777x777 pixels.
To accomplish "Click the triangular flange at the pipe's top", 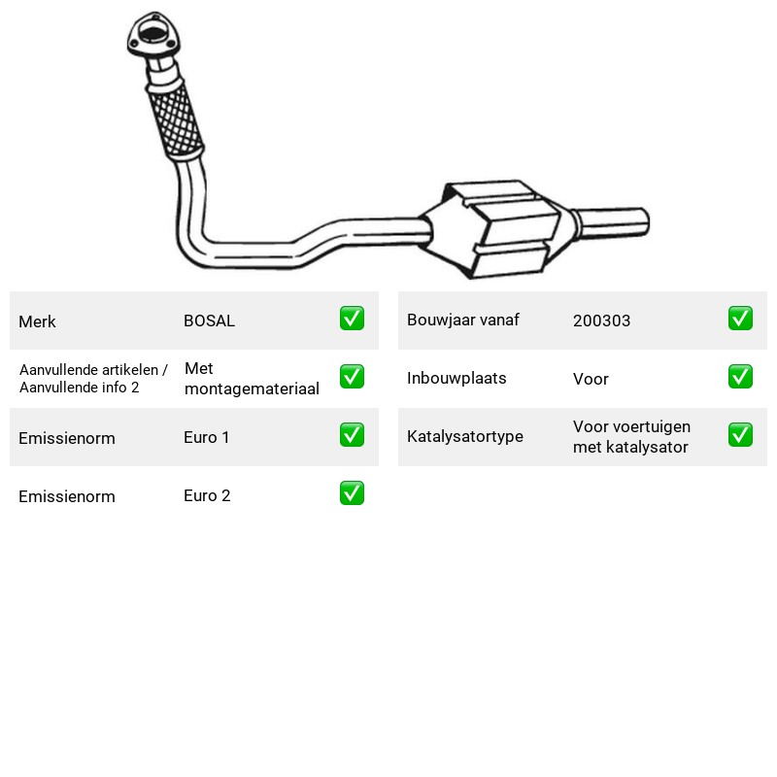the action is click(154, 35).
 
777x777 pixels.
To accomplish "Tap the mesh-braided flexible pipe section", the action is click(176, 119).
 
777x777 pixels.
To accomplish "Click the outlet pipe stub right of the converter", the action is click(612, 223).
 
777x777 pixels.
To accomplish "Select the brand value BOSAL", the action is click(209, 321).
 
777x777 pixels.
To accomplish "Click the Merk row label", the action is click(37, 321).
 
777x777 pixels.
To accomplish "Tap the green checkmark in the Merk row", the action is click(352, 319).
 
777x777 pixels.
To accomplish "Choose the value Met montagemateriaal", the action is click(252, 379).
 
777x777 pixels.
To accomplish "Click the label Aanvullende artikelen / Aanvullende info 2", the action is click(93, 379).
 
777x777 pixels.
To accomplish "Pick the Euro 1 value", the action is click(206, 437).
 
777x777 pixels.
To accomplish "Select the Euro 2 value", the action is click(207, 495).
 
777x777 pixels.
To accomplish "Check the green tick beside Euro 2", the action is click(352, 493).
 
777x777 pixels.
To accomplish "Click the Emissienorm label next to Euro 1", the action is click(67, 438).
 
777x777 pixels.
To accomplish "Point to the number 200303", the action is click(601, 321).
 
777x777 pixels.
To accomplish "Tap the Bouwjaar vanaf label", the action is click(463, 321).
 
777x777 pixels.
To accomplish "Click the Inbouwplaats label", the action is click(456, 378).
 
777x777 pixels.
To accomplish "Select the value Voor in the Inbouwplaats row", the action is click(591, 379).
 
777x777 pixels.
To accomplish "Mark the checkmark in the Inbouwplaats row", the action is click(740, 377).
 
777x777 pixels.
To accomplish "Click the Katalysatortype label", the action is click(465, 436).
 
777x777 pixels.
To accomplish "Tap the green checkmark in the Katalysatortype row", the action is click(740, 434).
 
